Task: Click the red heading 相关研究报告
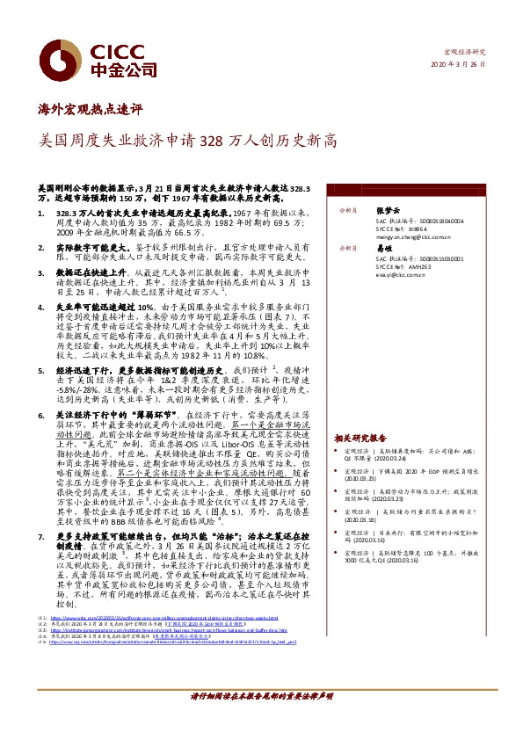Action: coord(360,437)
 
